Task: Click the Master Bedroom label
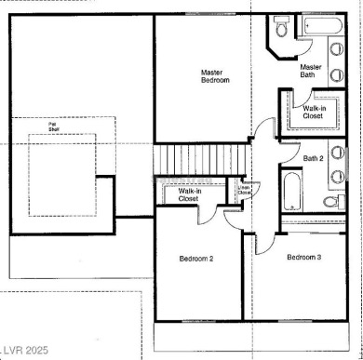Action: tap(216, 76)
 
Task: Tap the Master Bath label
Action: tap(311, 73)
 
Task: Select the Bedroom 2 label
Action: tap(197, 258)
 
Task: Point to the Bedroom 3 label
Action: tap(303, 257)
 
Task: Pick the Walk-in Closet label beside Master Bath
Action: tap(315, 113)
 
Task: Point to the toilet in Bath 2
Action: tap(329, 202)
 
